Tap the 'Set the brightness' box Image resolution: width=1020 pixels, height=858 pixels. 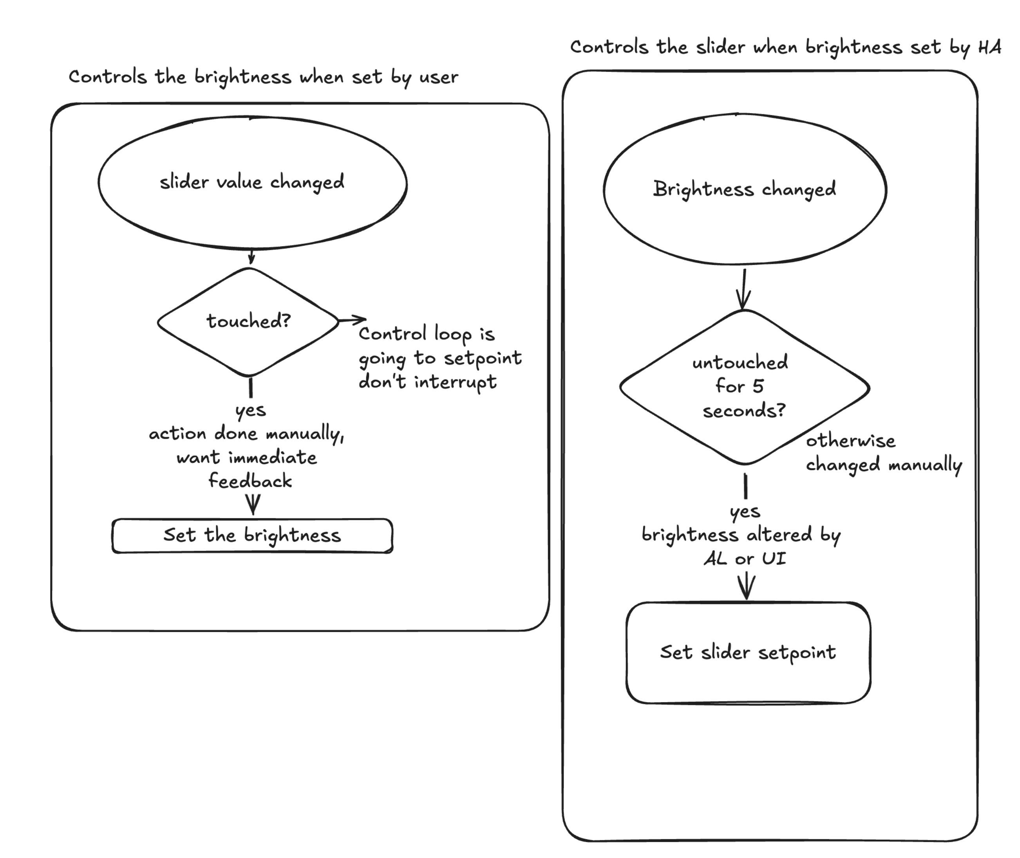click(252, 535)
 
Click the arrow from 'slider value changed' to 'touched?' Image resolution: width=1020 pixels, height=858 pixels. click(251, 257)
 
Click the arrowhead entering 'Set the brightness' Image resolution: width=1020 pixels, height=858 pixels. click(253, 505)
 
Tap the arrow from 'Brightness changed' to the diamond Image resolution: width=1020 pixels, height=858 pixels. click(743, 289)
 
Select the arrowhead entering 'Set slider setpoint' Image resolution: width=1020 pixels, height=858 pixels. click(747, 588)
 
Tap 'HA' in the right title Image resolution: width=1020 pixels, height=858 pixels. click(989, 48)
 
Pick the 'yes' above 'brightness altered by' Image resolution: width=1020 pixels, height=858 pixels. click(745, 512)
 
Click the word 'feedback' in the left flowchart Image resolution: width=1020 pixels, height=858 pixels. click(250, 481)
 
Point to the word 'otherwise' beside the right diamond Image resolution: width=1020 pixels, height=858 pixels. click(850, 441)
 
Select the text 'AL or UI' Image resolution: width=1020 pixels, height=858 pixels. click(745, 559)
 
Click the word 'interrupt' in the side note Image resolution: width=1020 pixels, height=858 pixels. click(455, 382)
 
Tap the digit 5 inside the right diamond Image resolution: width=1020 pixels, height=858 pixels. click(758, 386)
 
